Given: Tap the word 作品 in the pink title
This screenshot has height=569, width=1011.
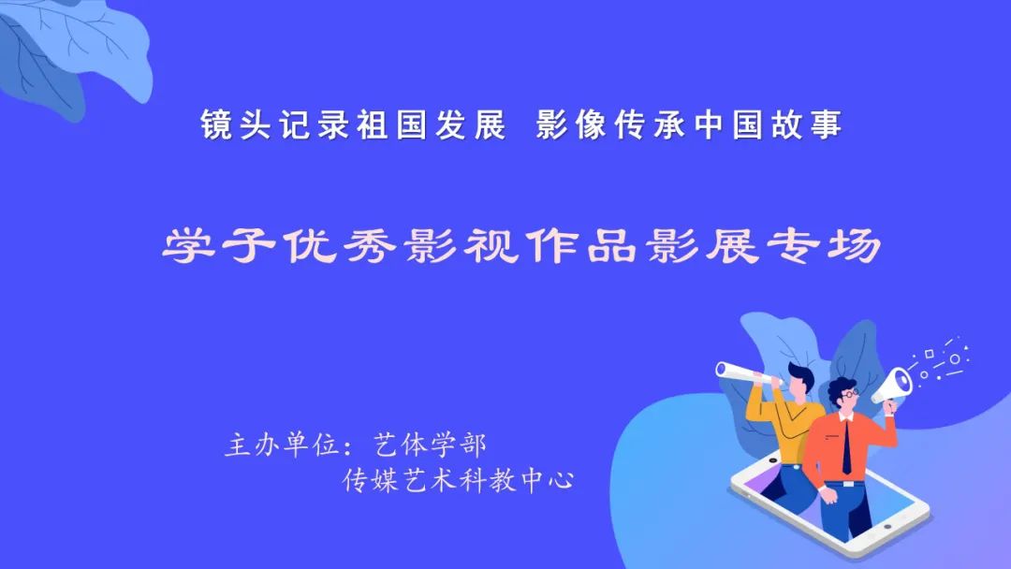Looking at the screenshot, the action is [x=582, y=245].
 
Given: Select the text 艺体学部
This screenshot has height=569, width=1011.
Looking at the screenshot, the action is [x=430, y=444].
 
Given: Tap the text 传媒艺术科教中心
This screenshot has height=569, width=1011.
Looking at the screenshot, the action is [x=458, y=480].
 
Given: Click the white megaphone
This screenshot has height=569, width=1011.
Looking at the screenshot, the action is [x=892, y=386].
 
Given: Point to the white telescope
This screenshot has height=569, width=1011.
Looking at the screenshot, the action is [x=748, y=373].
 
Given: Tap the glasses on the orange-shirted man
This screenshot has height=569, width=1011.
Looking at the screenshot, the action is [x=848, y=393].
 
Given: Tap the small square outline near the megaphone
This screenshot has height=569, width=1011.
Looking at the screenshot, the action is [x=930, y=354].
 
